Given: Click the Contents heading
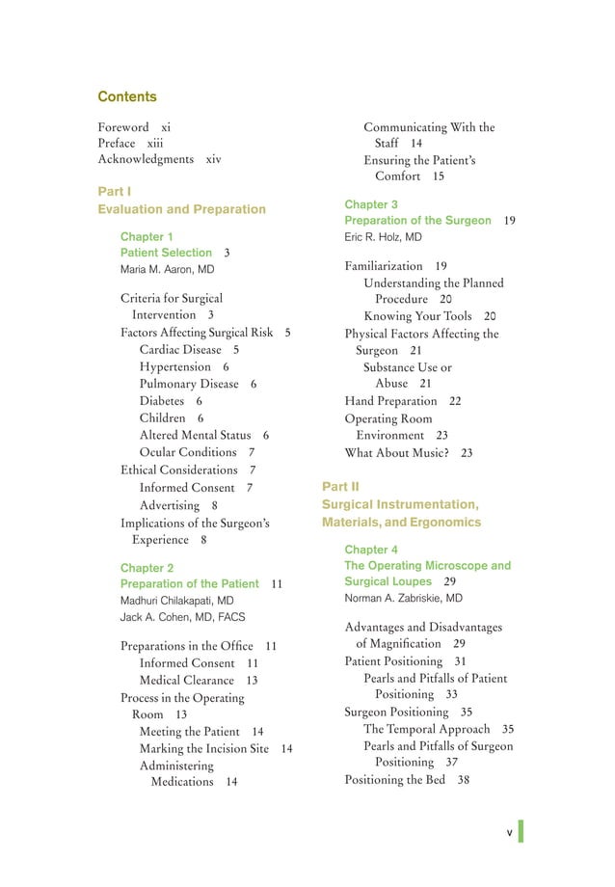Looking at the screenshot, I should (x=127, y=97).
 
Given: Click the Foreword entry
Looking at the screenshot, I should (x=123, y=127).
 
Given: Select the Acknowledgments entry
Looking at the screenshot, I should (x=146, y=159).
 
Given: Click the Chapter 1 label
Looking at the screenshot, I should (x=147, y=236).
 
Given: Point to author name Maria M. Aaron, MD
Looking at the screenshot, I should (x=167, y=270).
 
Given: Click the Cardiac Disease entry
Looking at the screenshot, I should (x=180, y=350).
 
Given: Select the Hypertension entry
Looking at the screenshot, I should (x=174, y=367).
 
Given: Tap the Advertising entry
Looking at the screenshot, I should (x=170, y=505).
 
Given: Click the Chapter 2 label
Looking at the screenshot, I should (x=147, y=568).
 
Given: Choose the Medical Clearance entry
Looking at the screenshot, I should (x=187, y=681).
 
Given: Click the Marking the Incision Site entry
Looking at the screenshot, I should (x=204, y=749).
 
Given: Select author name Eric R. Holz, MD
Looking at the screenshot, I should (x=383, y=237).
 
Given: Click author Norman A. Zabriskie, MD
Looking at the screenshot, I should (x=404, y=599).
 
